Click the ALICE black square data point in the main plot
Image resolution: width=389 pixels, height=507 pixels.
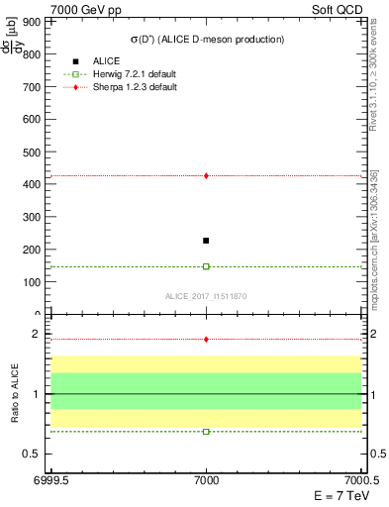(x=206, y=241)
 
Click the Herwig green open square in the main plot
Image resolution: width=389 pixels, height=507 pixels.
(x=206, y=266)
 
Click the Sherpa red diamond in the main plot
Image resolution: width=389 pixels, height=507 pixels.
(x=206, y=175)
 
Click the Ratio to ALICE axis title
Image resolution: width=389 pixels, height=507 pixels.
(x=15, y=394)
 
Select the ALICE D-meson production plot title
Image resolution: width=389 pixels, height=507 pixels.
(x=207, y=40)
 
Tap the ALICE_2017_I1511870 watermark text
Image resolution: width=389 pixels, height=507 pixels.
(x=206, y=296)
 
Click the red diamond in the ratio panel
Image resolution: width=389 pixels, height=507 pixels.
(x=206, y=339)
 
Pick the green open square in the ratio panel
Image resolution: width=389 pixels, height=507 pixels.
(x=206, y=432)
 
